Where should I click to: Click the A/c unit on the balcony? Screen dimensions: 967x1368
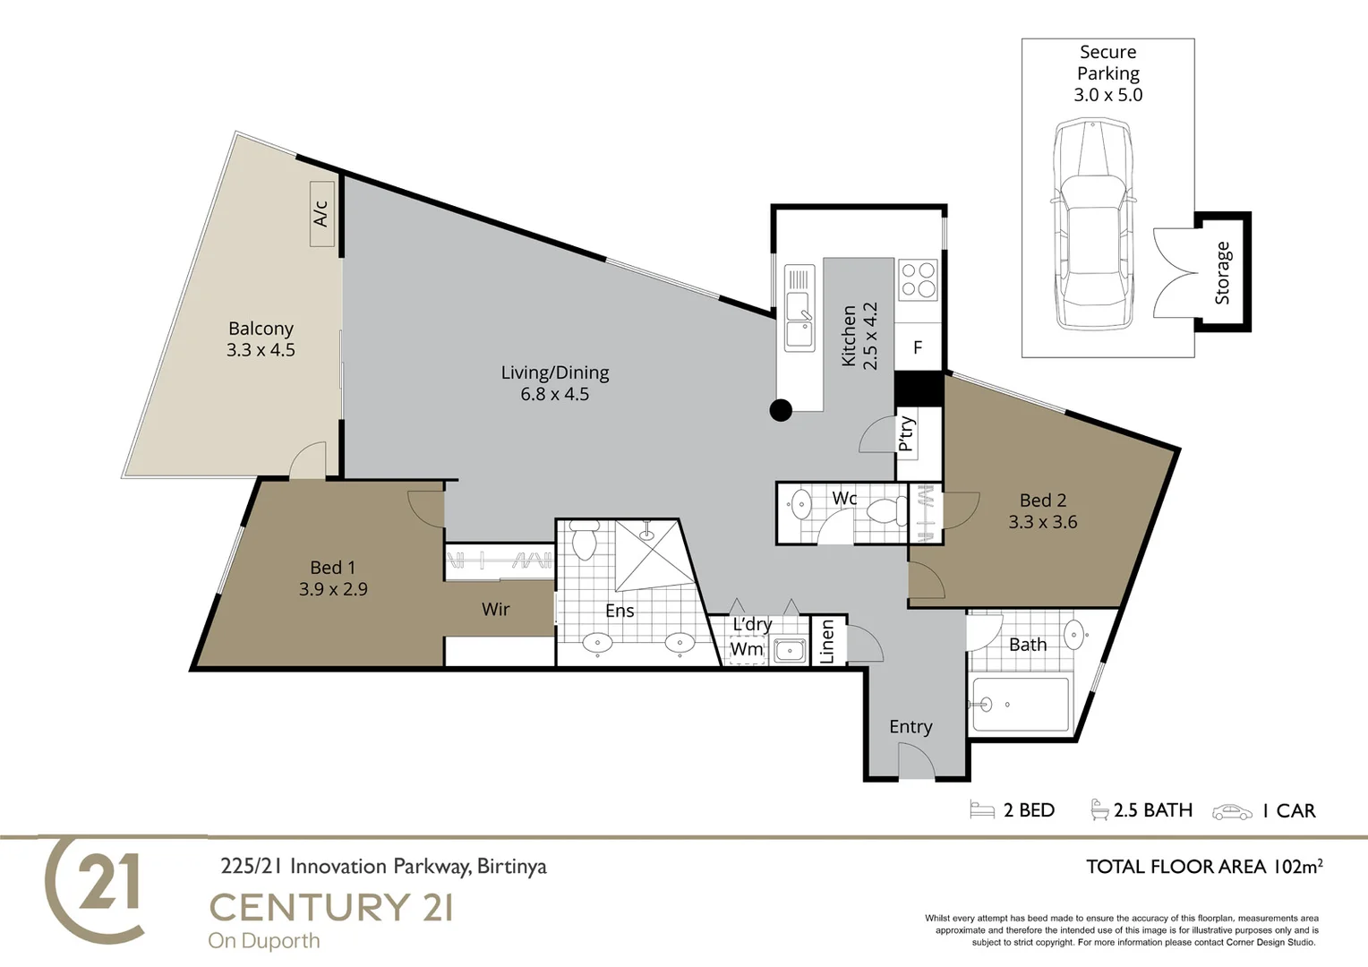click(321, 215)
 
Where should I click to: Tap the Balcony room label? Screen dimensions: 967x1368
click(261, 339)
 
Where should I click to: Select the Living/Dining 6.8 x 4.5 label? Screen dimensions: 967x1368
click(555, 383)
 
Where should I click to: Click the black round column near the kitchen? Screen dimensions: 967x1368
click(781, 410)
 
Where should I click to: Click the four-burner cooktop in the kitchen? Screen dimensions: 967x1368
click(918, 278)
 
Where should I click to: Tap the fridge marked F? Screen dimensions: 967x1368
click(918, 347)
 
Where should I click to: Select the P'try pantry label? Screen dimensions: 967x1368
click(906, 433)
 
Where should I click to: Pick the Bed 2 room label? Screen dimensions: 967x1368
click(1043, 511)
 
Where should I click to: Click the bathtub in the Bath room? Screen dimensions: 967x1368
click(1020, 705)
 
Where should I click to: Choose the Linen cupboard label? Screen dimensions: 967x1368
click(827, 641)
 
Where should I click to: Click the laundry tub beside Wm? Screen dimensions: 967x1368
click(789, 650)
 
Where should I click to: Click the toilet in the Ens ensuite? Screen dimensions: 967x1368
click(585, 539)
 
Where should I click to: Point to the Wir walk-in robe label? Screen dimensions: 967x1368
click(495, 610)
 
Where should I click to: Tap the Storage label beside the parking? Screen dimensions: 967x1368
click(1223, 273)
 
